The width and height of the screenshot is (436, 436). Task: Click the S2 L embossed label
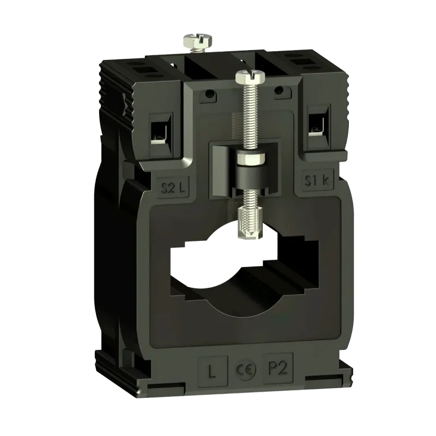(173, 188)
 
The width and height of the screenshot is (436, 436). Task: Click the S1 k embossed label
(317, 181)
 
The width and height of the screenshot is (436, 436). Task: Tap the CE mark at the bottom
(246, 370)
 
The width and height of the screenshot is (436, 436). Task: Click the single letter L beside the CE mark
(212, 372)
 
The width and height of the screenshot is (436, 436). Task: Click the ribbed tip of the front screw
(250, 224)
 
